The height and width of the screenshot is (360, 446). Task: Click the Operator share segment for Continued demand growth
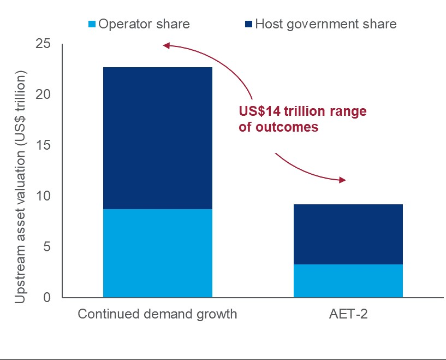[x=157, y=253]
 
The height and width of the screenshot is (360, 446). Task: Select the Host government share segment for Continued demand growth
[x=157, y=138]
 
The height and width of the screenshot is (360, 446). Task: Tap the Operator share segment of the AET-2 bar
[x=348, y=281]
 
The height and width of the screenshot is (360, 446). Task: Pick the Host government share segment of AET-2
[x=348, y=234]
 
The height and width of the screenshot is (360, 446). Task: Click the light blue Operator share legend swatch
[x=92, y=25]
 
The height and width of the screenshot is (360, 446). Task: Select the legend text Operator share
[x=144, y=24]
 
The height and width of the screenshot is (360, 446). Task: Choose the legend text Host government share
[x=325, y=24]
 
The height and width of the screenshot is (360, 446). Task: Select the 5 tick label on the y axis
[x=46, y=247]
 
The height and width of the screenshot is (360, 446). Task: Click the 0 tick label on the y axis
[x=46, y=298]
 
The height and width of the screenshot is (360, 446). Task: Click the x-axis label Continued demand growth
[x=157, y=315]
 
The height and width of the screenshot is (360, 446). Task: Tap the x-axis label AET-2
[x=348, y=314]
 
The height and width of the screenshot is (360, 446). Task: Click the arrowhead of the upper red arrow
[x=166, y=46]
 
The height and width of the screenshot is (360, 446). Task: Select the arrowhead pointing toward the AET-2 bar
[x=342, y=180]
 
